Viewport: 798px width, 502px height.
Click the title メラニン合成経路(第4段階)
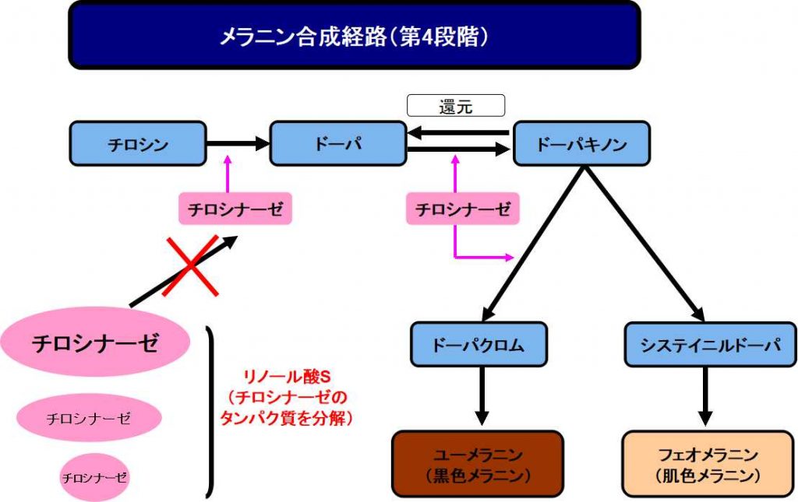pyautogui.click(x=354, y=35)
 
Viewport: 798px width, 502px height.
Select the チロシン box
pyautogui.click(x=138, y=143)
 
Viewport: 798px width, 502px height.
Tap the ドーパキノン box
pyautogui.click(x=581, y=143)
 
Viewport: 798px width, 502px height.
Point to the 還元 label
pyautogui.click(x=456, y=107)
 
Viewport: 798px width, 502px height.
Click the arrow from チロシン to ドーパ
pyautogui.click(x=238, y=143)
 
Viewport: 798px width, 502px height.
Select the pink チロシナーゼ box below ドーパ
pyautogui.click(x=235, y=209)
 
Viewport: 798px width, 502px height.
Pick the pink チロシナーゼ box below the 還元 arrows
pyautogui.click(x=463, y=209)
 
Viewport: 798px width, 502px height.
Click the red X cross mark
pyautogui.click(x=190, y=266)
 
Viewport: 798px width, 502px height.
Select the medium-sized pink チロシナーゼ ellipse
pyautogui.click(x=87, y=419)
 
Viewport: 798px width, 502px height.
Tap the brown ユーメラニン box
pyautogui.click(x=477, y=464)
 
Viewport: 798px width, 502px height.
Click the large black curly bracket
pyautogui.click(x=208, y=412)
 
